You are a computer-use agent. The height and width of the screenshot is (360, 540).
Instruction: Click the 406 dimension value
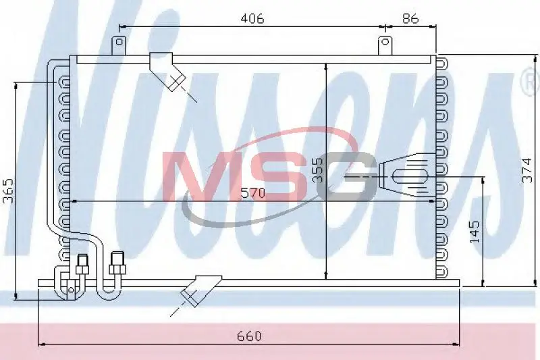click(252, 18)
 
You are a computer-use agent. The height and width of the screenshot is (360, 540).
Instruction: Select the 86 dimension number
click(410, 18)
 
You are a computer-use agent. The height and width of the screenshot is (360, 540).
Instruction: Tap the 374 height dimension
click(526, 170)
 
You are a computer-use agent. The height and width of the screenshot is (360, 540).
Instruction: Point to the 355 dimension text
click(319, 170)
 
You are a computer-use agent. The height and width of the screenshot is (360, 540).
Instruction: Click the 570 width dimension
click(253, 193)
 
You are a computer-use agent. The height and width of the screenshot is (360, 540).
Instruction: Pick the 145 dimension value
click(475, 231)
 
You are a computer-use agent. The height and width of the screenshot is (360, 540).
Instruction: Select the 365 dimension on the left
click(8, 190)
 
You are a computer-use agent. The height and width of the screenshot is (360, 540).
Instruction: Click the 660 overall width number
click(249, 336)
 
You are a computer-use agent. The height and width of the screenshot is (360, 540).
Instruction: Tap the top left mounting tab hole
click(119, 42)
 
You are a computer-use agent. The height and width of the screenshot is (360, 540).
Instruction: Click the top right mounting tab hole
click(385, 42)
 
